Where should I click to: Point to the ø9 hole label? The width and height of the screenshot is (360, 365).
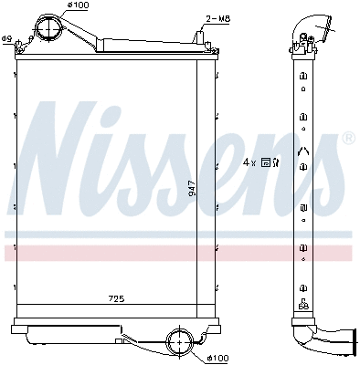[x=7, y=38]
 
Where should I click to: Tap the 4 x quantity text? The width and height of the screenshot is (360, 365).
[x=249, y=162]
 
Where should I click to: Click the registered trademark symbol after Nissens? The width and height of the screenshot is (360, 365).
[x=347, y=138]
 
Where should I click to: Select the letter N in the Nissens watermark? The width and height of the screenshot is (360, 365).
[x=64, y=155]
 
